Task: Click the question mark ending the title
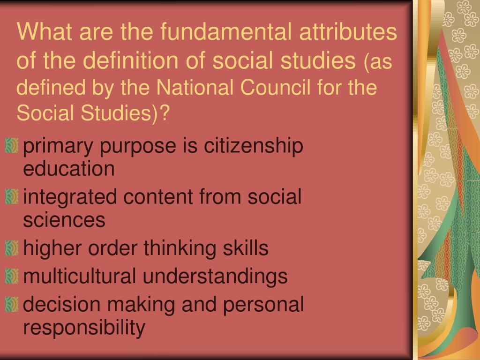click(x=164, y=113)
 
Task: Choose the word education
click(x=69, y=169)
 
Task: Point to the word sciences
click(x=64, y=220)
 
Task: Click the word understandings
click(x=215, y=277)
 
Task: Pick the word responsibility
click(x=84, y=328)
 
